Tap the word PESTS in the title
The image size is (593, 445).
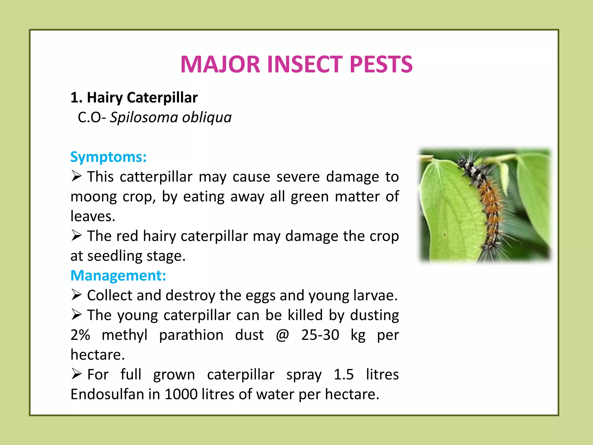[x=381, y=64]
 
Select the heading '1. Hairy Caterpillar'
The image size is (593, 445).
[x=134, y=97]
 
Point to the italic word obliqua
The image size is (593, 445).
[x=207, y=117]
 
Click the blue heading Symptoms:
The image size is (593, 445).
[x=108, y=157]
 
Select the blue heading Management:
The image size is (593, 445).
[x=118, y=275]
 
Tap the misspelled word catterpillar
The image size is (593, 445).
[x=156, y=177]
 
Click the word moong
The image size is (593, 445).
[x=93, y=197]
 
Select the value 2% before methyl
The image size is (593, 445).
[x=80, y=335]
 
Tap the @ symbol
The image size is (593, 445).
[x=282, y=335]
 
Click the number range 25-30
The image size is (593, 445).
[x=320, y=335]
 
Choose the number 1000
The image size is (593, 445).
[x=181, y=394]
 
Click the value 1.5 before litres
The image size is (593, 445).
[x=343, y=374]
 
